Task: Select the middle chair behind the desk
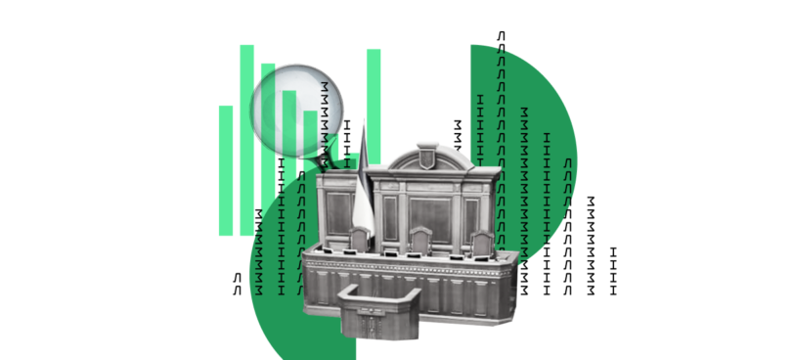click(x=420, y=240)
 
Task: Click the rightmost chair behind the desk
click(x=481, y=244)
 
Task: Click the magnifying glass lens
click(x=296, y=111)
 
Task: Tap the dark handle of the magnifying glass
click(x=328, y=161)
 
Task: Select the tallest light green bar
click(x=247, y=140)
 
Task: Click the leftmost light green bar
click(x=226, y=170)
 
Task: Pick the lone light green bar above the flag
click(x=374, y=107)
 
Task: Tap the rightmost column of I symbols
click(x=613, y=271)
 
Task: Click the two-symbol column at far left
click(x=237, y=284)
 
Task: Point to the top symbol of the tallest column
click(x=501, y=36)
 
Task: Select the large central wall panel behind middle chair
click(x=430, y=219)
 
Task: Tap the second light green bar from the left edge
click(x=247, y=140)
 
